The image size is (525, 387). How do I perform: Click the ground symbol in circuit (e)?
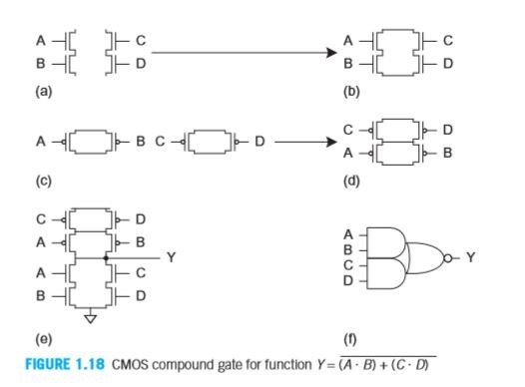pyautogui.click(x=91, y=319)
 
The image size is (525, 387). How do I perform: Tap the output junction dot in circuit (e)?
pyautogui.click(x=106, y=258)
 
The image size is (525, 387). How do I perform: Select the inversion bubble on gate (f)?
pyautogui.click(x=447, y=258)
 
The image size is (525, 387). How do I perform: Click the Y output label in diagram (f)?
pyautogui.click(x=470, y=257)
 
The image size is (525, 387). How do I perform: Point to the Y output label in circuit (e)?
pyautogui.click(x=171, y=257)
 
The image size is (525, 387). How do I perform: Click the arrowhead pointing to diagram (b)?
pyautogui.click(x=331, y=53)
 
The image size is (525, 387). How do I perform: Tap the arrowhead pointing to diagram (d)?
pyautogui.click(x=331, y=142)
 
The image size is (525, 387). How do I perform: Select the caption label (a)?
pyautogui.click(x=44, y=91)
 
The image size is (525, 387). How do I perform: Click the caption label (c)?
pyautogui.click(x=44, y=181)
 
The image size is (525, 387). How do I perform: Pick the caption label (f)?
pyautogui.click(x=350, y=339)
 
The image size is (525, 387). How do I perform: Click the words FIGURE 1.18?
pyautogui.click(x=65, y=364)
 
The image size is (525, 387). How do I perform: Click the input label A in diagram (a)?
pyautogui.click(x=41, y=41)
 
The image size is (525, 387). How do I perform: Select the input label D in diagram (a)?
pyautogui.click(x=141, y=63)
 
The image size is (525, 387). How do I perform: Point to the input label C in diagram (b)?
pyautogui.click(x=448, y=41)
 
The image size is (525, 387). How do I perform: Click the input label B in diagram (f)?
pyautogui.click(x=348, y=249)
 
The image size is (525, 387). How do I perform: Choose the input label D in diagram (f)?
pyautogui.click(x=348, y=280)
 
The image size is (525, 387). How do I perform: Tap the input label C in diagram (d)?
pyautogui.click(x=348, y=130)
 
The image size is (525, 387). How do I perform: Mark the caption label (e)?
pyautogui.click(x=44, y=339)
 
